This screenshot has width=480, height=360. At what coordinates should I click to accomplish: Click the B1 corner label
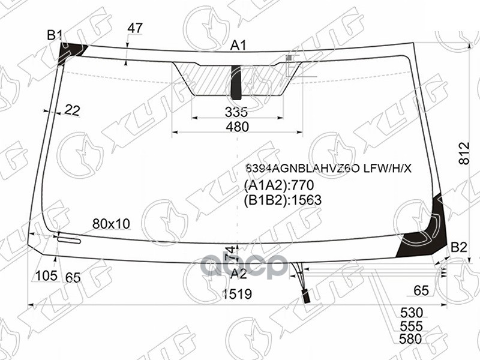[55, 35]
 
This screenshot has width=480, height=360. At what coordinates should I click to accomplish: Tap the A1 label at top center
[239, 45]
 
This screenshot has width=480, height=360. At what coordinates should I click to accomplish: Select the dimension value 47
[136, 28]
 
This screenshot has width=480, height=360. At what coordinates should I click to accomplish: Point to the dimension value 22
[72, 110]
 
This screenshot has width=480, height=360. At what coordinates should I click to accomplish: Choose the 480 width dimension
[237, 127]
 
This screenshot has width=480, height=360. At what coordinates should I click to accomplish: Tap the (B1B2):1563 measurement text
[283, 200]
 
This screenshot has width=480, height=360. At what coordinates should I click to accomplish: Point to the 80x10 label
[111, 224]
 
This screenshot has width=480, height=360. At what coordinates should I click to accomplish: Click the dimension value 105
[46, 276]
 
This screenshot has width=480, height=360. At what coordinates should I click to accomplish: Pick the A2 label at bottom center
[239, 274]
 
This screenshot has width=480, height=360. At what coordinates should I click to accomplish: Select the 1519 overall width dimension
[237, 294]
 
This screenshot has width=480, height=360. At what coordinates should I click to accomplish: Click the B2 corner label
[459, 247]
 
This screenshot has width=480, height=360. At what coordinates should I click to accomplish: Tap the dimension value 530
[411, 313]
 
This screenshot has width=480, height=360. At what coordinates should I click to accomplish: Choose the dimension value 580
[411, 339]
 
